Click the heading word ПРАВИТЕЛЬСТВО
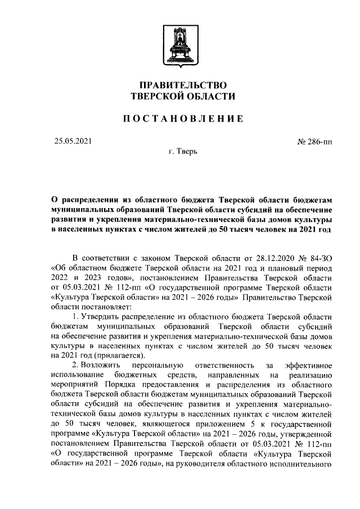coord(179,85)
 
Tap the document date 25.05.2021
coord(73,141)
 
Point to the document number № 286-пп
coord(314,141)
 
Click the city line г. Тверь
coord(179,152)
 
